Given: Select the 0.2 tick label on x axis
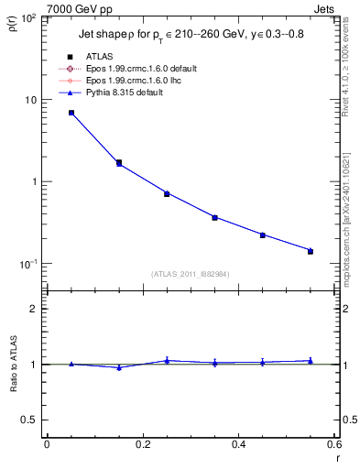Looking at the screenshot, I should coord(142,445).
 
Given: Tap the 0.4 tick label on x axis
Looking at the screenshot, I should coord(238,445).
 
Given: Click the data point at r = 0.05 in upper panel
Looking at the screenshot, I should coord(71,113).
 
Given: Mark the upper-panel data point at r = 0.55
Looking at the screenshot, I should coord(311,250).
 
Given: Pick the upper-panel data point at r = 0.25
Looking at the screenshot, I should coord(167,193).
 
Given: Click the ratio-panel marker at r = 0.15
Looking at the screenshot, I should coord(119,367).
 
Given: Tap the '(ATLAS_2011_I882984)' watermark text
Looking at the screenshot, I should coord(191,273).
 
